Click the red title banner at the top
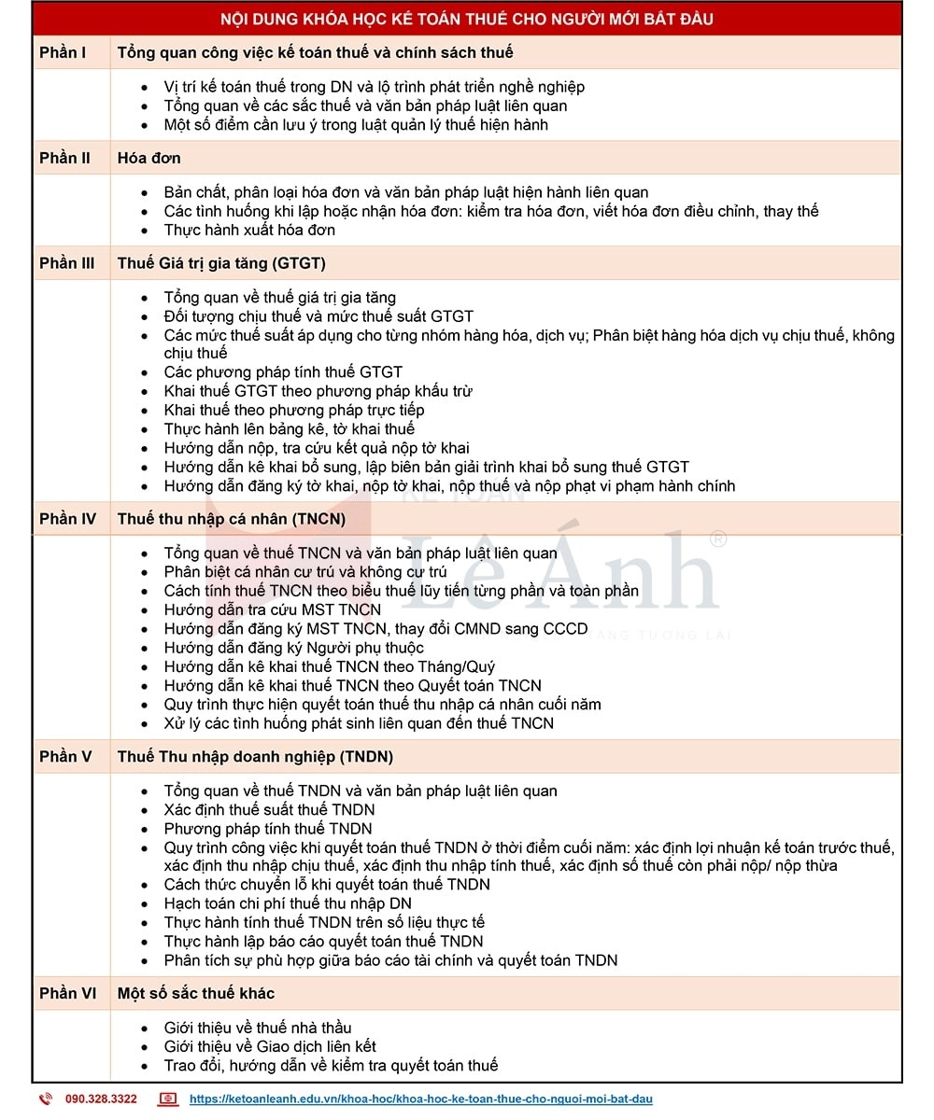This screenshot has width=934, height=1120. pos(467,19)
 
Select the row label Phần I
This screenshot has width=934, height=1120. pos(63,52)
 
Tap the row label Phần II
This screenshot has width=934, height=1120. pos(64,158)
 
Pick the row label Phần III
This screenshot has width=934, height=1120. pos(66,263)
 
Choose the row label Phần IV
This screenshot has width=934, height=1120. pos(67,519)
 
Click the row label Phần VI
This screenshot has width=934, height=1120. pos(67,993)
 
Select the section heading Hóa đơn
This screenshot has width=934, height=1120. pos(149,158)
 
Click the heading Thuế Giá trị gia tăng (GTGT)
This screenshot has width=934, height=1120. pos(221,263)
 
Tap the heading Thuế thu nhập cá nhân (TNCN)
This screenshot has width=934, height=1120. pos(231,519)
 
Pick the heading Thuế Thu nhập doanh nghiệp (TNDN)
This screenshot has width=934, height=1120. pos(255,756)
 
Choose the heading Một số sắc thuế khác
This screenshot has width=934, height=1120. pos(195,993)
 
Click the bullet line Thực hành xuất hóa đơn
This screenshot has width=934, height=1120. pos(249,230)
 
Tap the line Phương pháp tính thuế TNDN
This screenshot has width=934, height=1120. pos(268,829)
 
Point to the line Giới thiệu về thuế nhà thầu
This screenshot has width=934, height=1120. pos(258,1028)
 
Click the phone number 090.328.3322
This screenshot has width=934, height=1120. pos(101,1099)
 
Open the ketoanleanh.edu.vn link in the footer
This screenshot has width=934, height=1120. pos(420,1099)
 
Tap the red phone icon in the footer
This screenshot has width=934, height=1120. pos(45,1099)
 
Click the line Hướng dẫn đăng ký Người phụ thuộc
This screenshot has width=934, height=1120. pos(293,648)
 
